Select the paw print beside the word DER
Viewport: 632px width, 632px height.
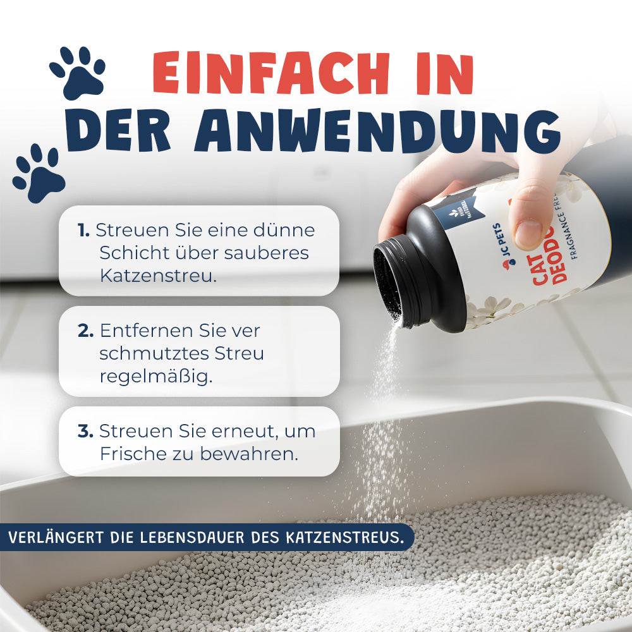coord(39,173)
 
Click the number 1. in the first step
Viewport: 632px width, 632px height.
coord(84,230)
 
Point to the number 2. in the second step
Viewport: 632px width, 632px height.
coord(86,331)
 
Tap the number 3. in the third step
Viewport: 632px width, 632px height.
coord(86,432)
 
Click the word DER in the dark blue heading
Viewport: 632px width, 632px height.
coord(118,132)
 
